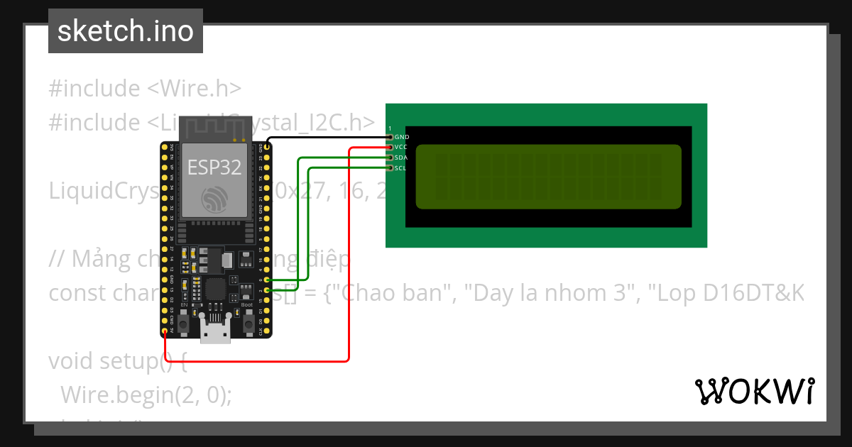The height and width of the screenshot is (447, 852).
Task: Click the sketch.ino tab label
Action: pyautogui.click(x=126, y=31)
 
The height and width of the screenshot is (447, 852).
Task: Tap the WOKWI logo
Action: pyautogui.click(x=755, y=391)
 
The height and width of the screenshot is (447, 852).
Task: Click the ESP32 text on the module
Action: pyautogui.click(x=214, y=167)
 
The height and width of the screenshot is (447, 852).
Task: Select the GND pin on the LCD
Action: pyautogui.click(x=390, y=136)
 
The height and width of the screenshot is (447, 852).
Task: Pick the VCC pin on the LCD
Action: pyautogui.click(x=390, y=147)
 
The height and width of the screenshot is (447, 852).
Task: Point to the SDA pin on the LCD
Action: pyautogui.click(x=390, y=158)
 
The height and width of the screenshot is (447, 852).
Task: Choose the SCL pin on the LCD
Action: pyautogui.click(x=390, y=168)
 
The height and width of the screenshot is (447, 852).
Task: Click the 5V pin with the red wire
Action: pyautogui.click(x=165, y=331)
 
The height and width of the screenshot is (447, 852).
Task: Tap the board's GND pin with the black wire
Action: pyautogui.click(x=267, y=148)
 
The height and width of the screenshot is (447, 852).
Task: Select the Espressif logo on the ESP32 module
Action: pyautogui.click(x=214, y=199)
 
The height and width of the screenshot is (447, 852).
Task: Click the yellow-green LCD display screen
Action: pyautogui.click(x=548, y=177)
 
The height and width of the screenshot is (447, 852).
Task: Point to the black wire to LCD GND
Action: pyautogui.click(x=327, y=137)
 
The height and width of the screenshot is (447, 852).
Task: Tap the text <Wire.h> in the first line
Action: pyautogui.click(x=195, y=89)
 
